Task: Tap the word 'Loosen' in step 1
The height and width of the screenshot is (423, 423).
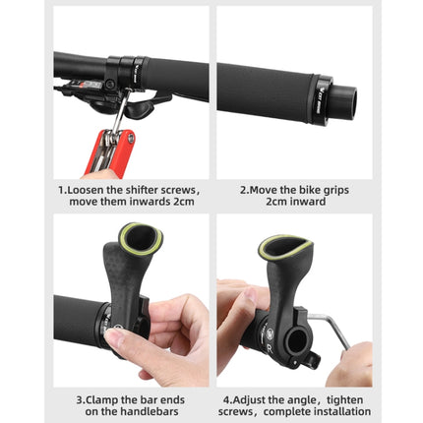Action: point(86,190)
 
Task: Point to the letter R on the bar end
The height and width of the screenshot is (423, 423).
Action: point(270,348)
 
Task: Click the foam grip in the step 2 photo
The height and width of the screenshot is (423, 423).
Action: point(264,91)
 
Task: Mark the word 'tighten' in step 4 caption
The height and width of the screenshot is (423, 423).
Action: point(345,400)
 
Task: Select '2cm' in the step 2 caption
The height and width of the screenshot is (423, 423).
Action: point(276,202)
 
